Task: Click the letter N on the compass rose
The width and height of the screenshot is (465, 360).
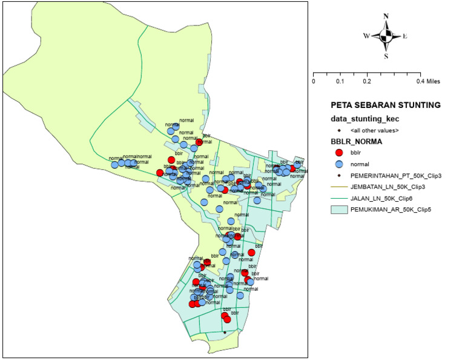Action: (386, 16)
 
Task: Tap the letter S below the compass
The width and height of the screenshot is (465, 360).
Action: (386, 56)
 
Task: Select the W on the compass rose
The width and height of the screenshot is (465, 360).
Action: (366, 36)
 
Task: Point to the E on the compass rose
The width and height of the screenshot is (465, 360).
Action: (404, 36)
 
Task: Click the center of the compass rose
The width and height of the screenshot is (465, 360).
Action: (386, 36)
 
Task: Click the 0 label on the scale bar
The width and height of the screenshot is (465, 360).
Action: (314, 81)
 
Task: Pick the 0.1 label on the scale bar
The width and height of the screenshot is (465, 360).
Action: (340, 81)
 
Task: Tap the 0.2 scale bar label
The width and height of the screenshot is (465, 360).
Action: (367, 81)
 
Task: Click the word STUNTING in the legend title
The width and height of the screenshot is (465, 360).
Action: (418, 105)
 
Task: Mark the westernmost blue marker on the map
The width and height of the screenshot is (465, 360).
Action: (114, 165)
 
